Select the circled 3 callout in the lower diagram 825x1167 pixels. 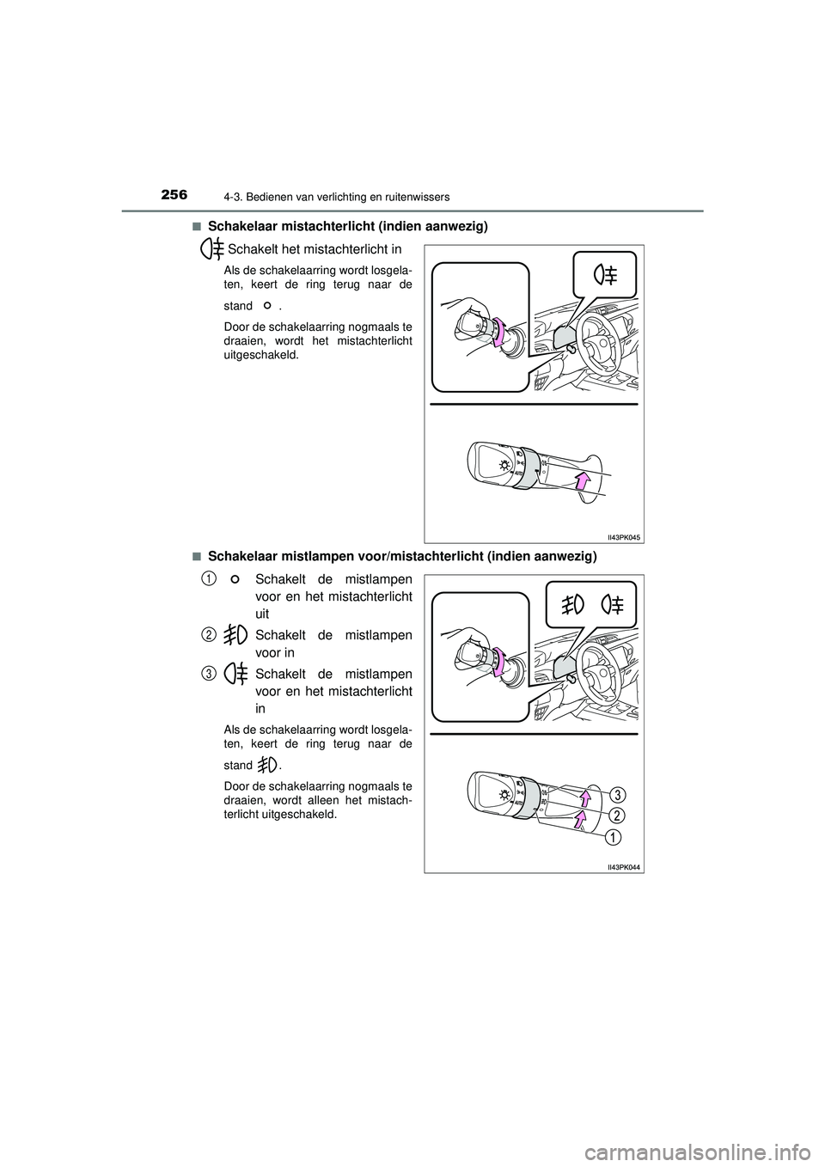tap(618, 792)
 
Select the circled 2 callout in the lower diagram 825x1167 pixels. tap(618, 814)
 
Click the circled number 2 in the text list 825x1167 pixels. tap(209, 634)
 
